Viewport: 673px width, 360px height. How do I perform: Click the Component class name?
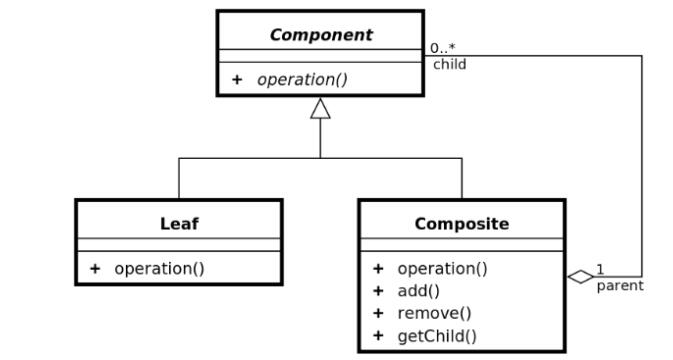pos(321,35)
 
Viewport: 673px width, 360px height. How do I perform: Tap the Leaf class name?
pos(179,224)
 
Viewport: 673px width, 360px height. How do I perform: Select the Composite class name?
pos(462,224)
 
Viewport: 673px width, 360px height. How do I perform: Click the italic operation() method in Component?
pos(302,80)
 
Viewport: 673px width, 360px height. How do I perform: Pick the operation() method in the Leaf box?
pos(159,269)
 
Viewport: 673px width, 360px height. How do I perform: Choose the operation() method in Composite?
pos(443,269)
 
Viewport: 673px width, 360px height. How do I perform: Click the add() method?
pos(418,291)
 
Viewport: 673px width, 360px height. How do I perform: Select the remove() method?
pos(434,314)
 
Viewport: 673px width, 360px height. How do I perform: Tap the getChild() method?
pos(437,336)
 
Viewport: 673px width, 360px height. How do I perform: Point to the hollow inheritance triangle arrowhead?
pos(320,108)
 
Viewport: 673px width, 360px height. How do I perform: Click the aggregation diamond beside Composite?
pos(580,277)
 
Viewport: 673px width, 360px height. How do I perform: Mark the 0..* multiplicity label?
pos(443,48)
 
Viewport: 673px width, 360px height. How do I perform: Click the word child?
pos(449,64)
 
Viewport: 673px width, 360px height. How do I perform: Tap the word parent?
pos(620,286)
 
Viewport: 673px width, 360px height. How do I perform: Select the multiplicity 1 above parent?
pos(600,270)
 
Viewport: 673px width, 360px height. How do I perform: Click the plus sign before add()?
pos(378,291)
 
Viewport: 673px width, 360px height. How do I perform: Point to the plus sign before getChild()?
pos(378,336)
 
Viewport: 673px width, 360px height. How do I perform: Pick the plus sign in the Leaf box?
pos(95,269)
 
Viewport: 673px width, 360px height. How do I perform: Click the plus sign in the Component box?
pos(237,80)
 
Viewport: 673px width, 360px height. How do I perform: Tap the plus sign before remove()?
pos(378,314)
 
